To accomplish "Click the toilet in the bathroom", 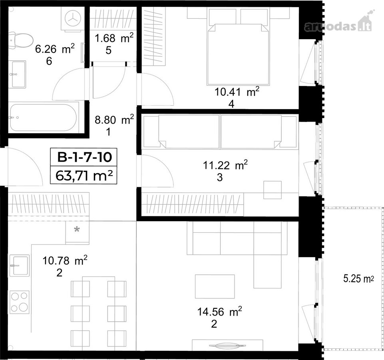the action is point(21,39).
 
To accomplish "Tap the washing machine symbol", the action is point(73,19).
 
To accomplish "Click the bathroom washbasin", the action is point(19,74).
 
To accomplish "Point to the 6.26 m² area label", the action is point(55,49).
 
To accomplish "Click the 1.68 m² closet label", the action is point(114,38).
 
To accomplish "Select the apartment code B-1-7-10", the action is point(84,157).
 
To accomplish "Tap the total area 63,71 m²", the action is point(84,175).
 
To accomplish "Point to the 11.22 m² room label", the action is point(225,165).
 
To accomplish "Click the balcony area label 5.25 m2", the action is point(358,278).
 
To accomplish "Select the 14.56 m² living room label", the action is point(220,312).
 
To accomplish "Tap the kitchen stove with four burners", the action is point(19,302).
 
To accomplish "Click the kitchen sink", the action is point(19,266).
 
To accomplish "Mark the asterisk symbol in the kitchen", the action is point(77,230).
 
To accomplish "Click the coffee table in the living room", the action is point(215,286).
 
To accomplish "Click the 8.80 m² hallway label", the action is point(114,120).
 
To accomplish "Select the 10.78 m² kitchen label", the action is point(65,260).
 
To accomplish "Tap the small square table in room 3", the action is point(273,190).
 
